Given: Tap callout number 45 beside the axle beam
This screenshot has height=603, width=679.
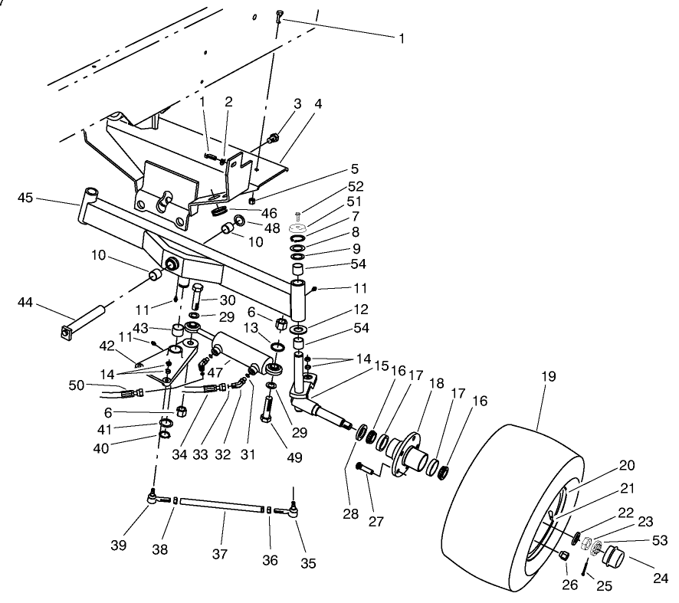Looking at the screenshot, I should click(25, 198).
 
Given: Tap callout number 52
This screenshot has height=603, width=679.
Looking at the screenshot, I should click(356, 186).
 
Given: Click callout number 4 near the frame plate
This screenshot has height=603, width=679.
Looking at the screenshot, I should click(317, 103).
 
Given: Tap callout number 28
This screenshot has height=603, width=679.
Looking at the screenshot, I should click(352, 513).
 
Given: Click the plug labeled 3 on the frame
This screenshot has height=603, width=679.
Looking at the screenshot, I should click(274, 139).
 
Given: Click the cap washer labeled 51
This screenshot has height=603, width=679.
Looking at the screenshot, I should click(299, 228).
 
